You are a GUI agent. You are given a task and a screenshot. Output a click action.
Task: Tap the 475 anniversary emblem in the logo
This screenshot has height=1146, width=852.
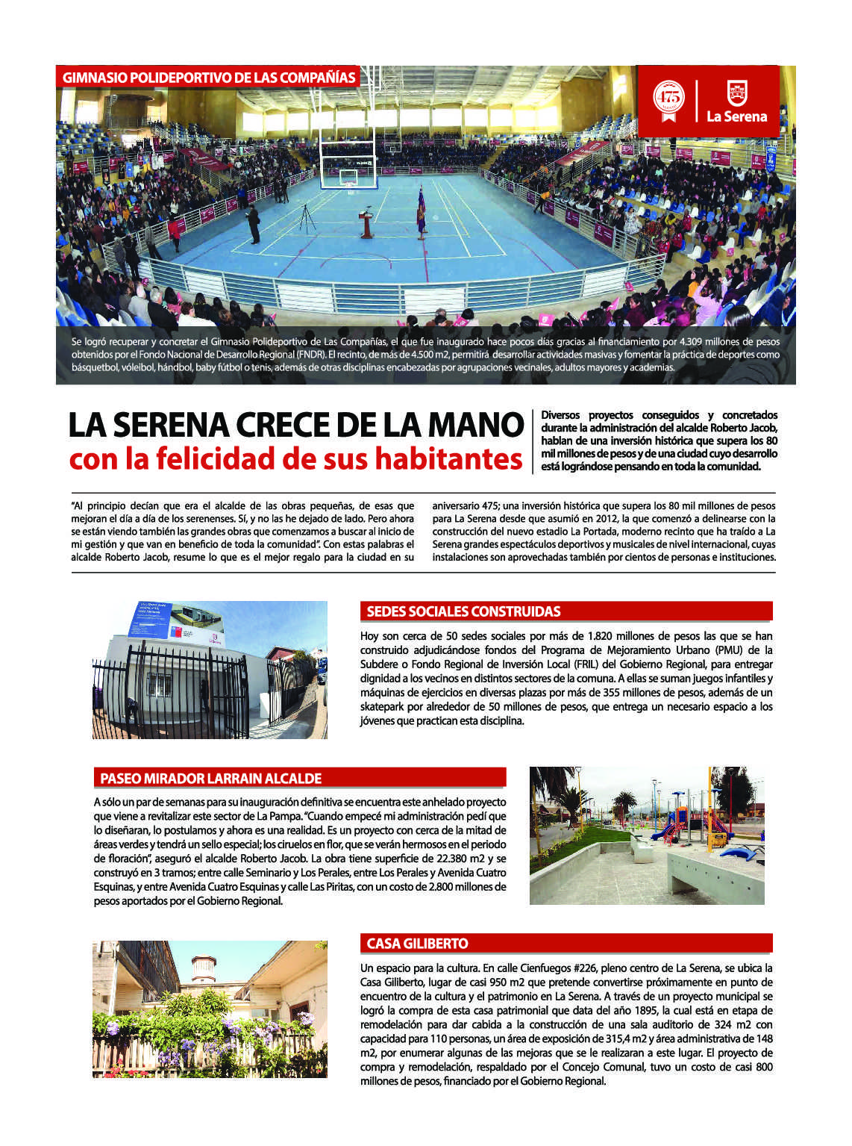tap(668, 97)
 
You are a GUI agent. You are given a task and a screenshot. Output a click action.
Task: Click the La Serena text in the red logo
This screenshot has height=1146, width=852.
tap(737, 116)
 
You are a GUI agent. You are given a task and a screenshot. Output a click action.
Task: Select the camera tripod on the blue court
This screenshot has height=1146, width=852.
tap(305, 217)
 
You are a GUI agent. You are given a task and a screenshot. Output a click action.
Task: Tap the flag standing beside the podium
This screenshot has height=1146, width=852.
tap(421, 210)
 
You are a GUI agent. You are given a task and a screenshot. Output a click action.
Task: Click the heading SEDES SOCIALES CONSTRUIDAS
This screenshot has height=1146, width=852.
tap(463, 611)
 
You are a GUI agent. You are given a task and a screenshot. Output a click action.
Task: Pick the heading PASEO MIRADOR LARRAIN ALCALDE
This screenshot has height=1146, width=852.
tap(211, 778)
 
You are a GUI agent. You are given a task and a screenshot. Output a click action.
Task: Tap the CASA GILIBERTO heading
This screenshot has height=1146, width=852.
tap(417, 943)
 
